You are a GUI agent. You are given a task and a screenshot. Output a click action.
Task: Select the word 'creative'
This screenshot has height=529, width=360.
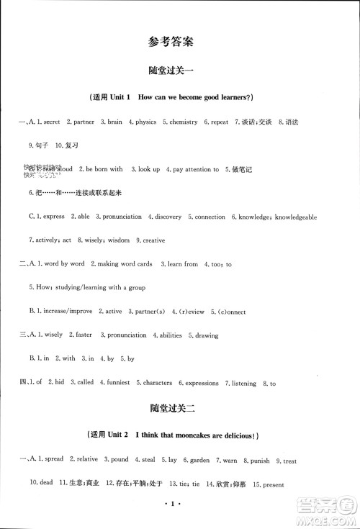click(153, 240)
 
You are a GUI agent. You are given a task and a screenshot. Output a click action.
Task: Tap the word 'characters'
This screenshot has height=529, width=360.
click(156, 383)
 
